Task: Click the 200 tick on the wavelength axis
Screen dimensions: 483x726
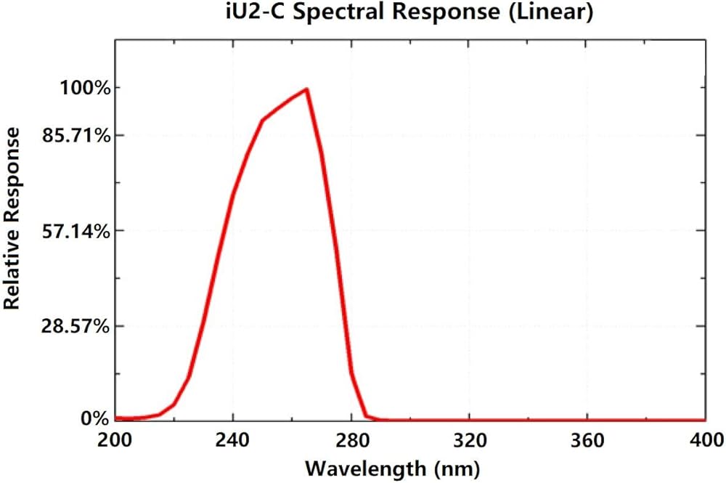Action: coord(115,440)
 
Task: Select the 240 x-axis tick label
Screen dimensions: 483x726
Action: coord(233,440)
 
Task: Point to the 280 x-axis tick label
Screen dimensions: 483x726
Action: coord(351,440)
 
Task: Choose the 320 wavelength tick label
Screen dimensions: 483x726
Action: coord(469,440)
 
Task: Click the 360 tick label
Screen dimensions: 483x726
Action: coord(587,440)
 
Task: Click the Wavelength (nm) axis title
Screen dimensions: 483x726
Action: coord(392,467)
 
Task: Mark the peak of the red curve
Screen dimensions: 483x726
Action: coord(307,89)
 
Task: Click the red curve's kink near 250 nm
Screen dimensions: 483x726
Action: coord(262,120)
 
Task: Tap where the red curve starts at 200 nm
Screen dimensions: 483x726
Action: coord(116,418)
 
